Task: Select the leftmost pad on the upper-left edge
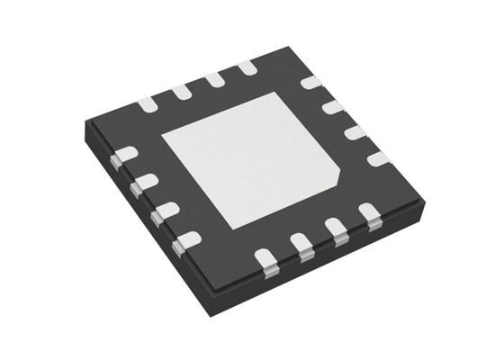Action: click(x=147, y=104)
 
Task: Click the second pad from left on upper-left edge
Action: click(x=181, y=91)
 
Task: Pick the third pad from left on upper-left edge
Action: click(x=214, y=79)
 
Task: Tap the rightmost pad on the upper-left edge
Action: click(x=247, y=67)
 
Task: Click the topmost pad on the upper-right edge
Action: click(x=310, y=83)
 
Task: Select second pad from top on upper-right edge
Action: click(x=333, y=107)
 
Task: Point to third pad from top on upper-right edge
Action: click(x=355, y=132)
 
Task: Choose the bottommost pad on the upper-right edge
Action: click(x=378, y=158)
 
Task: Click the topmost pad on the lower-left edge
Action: click(x=124, y=156)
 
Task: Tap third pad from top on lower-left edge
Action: click(x=164, y=212)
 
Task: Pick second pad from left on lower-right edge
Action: click(x=301, y=244)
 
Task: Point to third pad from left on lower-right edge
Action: click(x=336, y=229)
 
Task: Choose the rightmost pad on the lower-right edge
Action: click(x=368, y=214)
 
